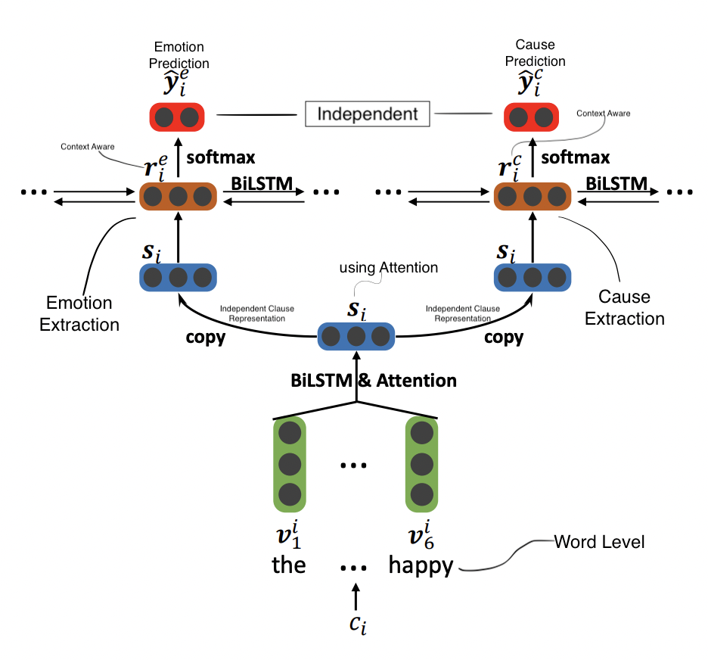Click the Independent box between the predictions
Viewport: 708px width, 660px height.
click(367, 114)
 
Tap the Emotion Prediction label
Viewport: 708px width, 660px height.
click(179, 54)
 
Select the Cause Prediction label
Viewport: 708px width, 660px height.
click(535, 53)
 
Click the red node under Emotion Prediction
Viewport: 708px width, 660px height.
click(179, 117)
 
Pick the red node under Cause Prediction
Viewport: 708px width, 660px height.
click(532, 117)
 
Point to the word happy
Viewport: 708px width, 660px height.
click(421, 565)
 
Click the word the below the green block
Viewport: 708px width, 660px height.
click(289, 565)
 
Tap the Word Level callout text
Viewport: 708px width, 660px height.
click(599, 541)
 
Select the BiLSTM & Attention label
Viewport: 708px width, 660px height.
click(374, 380)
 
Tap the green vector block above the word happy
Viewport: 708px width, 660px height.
click(421, 462)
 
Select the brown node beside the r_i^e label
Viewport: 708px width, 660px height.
click(179, 196)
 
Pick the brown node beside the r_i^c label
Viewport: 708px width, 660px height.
click(532, 196)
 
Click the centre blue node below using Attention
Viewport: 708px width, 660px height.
click(356, 336)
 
